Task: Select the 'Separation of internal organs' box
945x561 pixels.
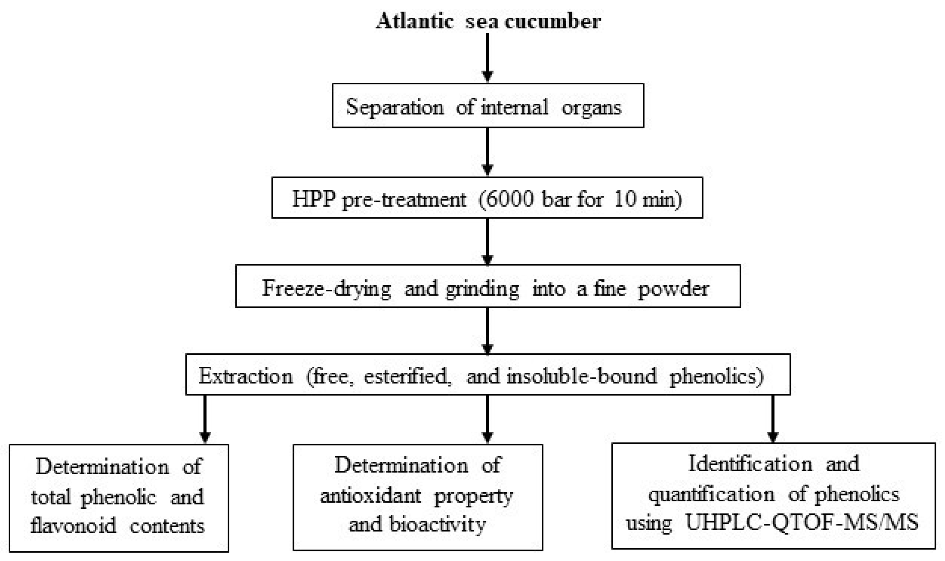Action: tap(488, 106)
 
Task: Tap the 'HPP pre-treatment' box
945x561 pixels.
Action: tap(487, 198)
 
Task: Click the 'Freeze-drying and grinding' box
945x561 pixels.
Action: tap(488, 286)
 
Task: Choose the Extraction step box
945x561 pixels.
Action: tap(488, 375)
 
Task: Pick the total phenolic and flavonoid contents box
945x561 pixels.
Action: tap(119, 498)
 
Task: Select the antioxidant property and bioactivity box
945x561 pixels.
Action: tap(418, 497)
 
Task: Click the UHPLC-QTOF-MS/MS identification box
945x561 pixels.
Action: tap(773, 496)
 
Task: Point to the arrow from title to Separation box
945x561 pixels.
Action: tap(488, 58)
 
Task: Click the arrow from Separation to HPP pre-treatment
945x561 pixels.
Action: tap(488, 151)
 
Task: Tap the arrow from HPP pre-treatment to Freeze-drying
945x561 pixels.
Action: tap(488, 241)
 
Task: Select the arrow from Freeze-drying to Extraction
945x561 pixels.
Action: tap(488, 330)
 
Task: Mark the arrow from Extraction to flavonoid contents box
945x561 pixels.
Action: tap(205, 419)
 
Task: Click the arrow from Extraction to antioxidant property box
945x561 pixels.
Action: tap(488, 419)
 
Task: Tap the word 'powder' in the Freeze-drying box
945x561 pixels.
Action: tap(673, 288)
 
